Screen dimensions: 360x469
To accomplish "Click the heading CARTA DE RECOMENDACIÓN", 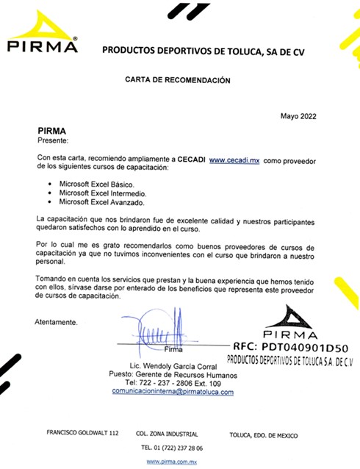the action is [x=178, y=79].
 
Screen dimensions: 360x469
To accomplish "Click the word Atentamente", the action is [x=56, y=322].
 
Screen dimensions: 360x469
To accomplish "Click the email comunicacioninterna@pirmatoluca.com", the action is [x=172, y=392].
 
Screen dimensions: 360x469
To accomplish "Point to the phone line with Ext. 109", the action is [x=173, y=383].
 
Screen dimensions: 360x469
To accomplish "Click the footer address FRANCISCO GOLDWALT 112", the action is [x=82, y=435].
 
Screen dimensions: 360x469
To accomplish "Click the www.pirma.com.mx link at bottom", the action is [x=174, y=461].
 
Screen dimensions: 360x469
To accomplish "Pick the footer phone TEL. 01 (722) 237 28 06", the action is [x=174, y=448].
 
